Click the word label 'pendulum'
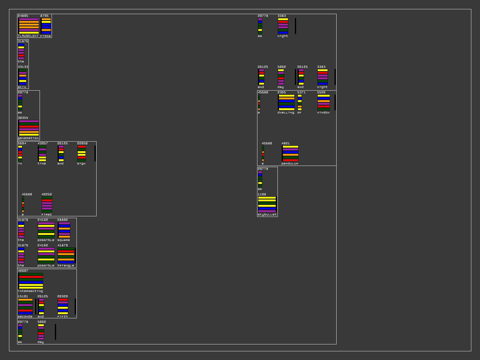(x=290, y=163)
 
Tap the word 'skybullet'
(x=267, y=214)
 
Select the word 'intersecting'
(x=30, y=291)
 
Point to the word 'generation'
(x=28, y=138)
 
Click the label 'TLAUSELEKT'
(x=28, y=36)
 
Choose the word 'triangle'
(x=66, y=265)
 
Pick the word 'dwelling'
(x=286, y=112)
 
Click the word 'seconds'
(x=25, y=316)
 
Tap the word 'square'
(x=64, y=240)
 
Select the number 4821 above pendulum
(x=286, y=143)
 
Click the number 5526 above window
(x=321, y=92)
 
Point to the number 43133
(x=23, y=67)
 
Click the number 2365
(x=282, y=92)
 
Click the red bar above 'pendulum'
(x=290, y=160)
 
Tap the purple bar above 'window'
(x=324, y=104)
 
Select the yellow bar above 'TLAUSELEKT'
(x=29, y=33)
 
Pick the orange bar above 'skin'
(x=23, y=76)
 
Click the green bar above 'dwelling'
(x=286, y=104)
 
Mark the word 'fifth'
(x=63, y=316)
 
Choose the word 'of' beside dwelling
(x=299, y=112)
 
